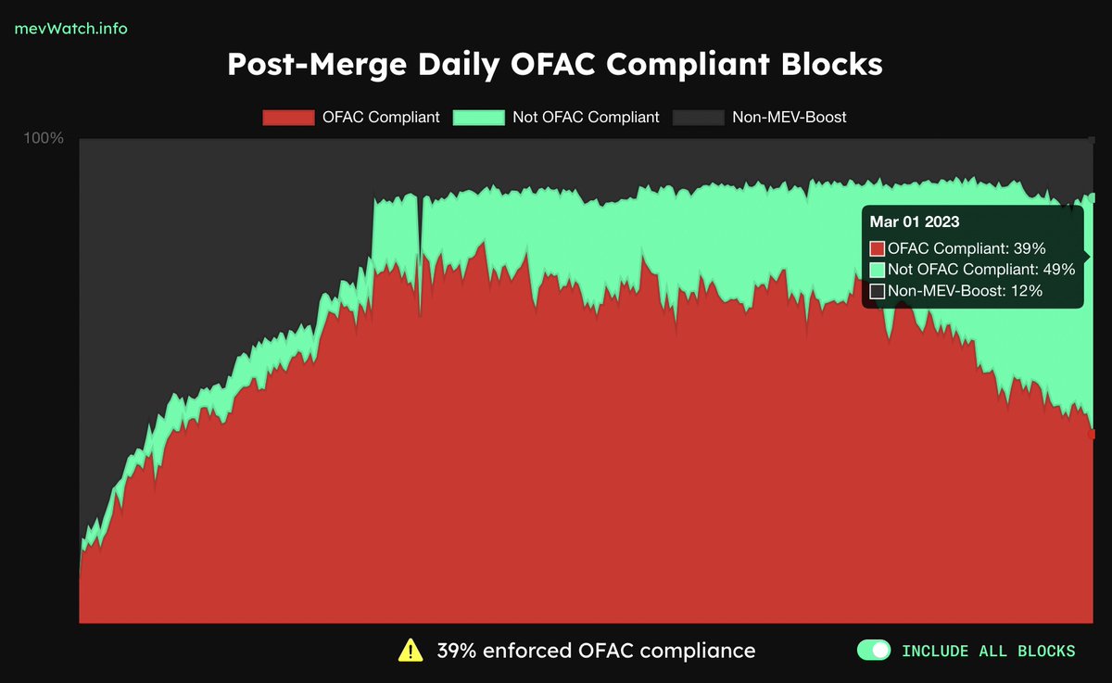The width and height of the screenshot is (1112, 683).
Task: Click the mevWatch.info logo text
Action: [70, 28]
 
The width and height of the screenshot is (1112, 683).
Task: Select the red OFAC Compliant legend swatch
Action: [288, 118]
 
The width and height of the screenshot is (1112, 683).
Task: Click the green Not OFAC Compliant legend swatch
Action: [478, 118]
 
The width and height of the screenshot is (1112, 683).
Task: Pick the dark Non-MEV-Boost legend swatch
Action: [698, 118]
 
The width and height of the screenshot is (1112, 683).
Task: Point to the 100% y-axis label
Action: [44, 138]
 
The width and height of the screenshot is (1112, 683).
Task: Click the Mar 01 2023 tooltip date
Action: [914, 222]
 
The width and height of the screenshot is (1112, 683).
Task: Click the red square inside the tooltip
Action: [878, 248]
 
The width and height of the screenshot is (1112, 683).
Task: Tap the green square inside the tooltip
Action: [878, 270]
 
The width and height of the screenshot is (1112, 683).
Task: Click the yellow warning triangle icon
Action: [411, 651]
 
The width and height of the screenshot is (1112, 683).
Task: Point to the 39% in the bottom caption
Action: [456, 651]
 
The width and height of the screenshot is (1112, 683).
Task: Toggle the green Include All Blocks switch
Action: [873, 651]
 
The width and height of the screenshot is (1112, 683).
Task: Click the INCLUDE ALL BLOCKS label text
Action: [988, 651]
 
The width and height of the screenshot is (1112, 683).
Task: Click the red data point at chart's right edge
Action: [1092, 434]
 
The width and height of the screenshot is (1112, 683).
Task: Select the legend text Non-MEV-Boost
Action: [790, 118]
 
